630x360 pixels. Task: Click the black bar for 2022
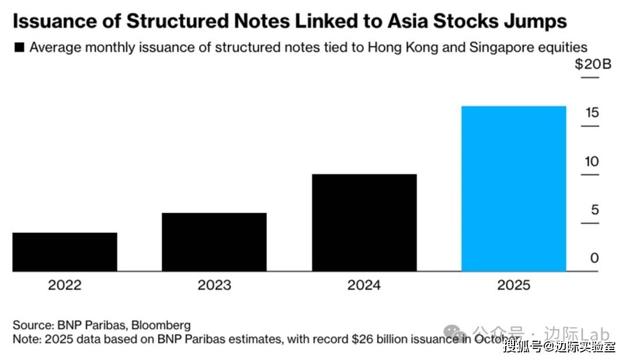pyautogui.click(x=65, y=251)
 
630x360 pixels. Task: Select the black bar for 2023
pyautogui.click(x=214, y=242)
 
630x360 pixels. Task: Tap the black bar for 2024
pyautogui.click(x=364, y=222)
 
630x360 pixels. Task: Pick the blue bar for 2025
pyautogui.click(x=513, y=188)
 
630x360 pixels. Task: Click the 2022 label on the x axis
pyautogui.click(x=65, y=285)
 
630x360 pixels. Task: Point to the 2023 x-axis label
pyautogui.click(x=214, y=285)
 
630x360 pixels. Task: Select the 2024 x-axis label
pyautogui.click(x=364, y=285)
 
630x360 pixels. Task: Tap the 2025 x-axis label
pyautogui.click(x=513, y=285)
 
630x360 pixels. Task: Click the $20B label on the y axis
pyautogui.click(x=592, y=64)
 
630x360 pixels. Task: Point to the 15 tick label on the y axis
pyautogui.click(x=592, y=112)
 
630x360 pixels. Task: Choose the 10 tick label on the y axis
pyautogui.click(x=592, y=161)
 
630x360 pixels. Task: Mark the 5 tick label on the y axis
pyautogui.click(x=594, y=209)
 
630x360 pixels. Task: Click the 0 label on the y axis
pyautogui.click(x=594, y=258)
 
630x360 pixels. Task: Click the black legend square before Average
pyautogui.click(x=19, y=48)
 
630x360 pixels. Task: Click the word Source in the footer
pyautogui.click(x=32, y=325)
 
